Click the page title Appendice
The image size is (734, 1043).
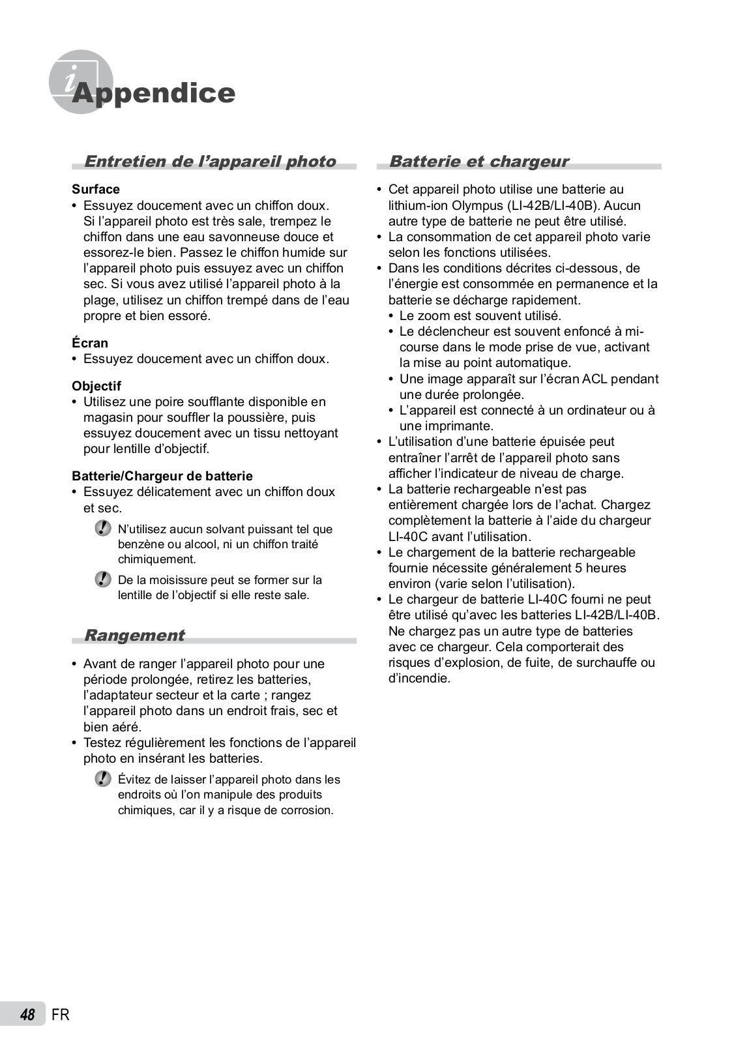point(154,93)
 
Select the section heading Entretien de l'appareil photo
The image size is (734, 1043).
point(210,161)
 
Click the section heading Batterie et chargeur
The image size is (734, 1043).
point(478,161)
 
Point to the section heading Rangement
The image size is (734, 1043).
point(134,635)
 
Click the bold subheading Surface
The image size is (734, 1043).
point(96,189)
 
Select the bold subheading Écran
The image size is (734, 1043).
point(90,343)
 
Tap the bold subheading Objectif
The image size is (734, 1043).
point(96,386)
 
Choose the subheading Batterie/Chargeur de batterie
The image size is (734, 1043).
point(162,476)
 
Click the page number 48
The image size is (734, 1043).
point(27,1014)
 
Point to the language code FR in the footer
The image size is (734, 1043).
point(60,1014)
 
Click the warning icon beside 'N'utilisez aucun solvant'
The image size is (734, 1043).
point(102,528)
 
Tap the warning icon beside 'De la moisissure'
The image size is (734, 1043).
point(102,579)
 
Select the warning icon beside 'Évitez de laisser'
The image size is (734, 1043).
point(102,778)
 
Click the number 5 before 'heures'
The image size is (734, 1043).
point(578,568)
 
